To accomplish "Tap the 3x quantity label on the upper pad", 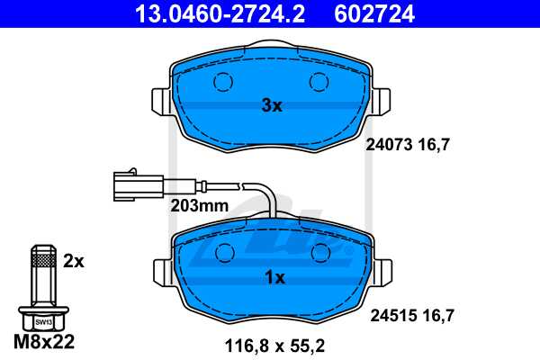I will coord(272,106).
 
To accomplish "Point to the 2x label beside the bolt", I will coord(74,261).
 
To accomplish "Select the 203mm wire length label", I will coord(199,205).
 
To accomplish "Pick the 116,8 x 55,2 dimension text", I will coord(274,343).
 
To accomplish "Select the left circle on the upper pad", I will coord(221,83).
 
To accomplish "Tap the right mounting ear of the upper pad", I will coord(381,100).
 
